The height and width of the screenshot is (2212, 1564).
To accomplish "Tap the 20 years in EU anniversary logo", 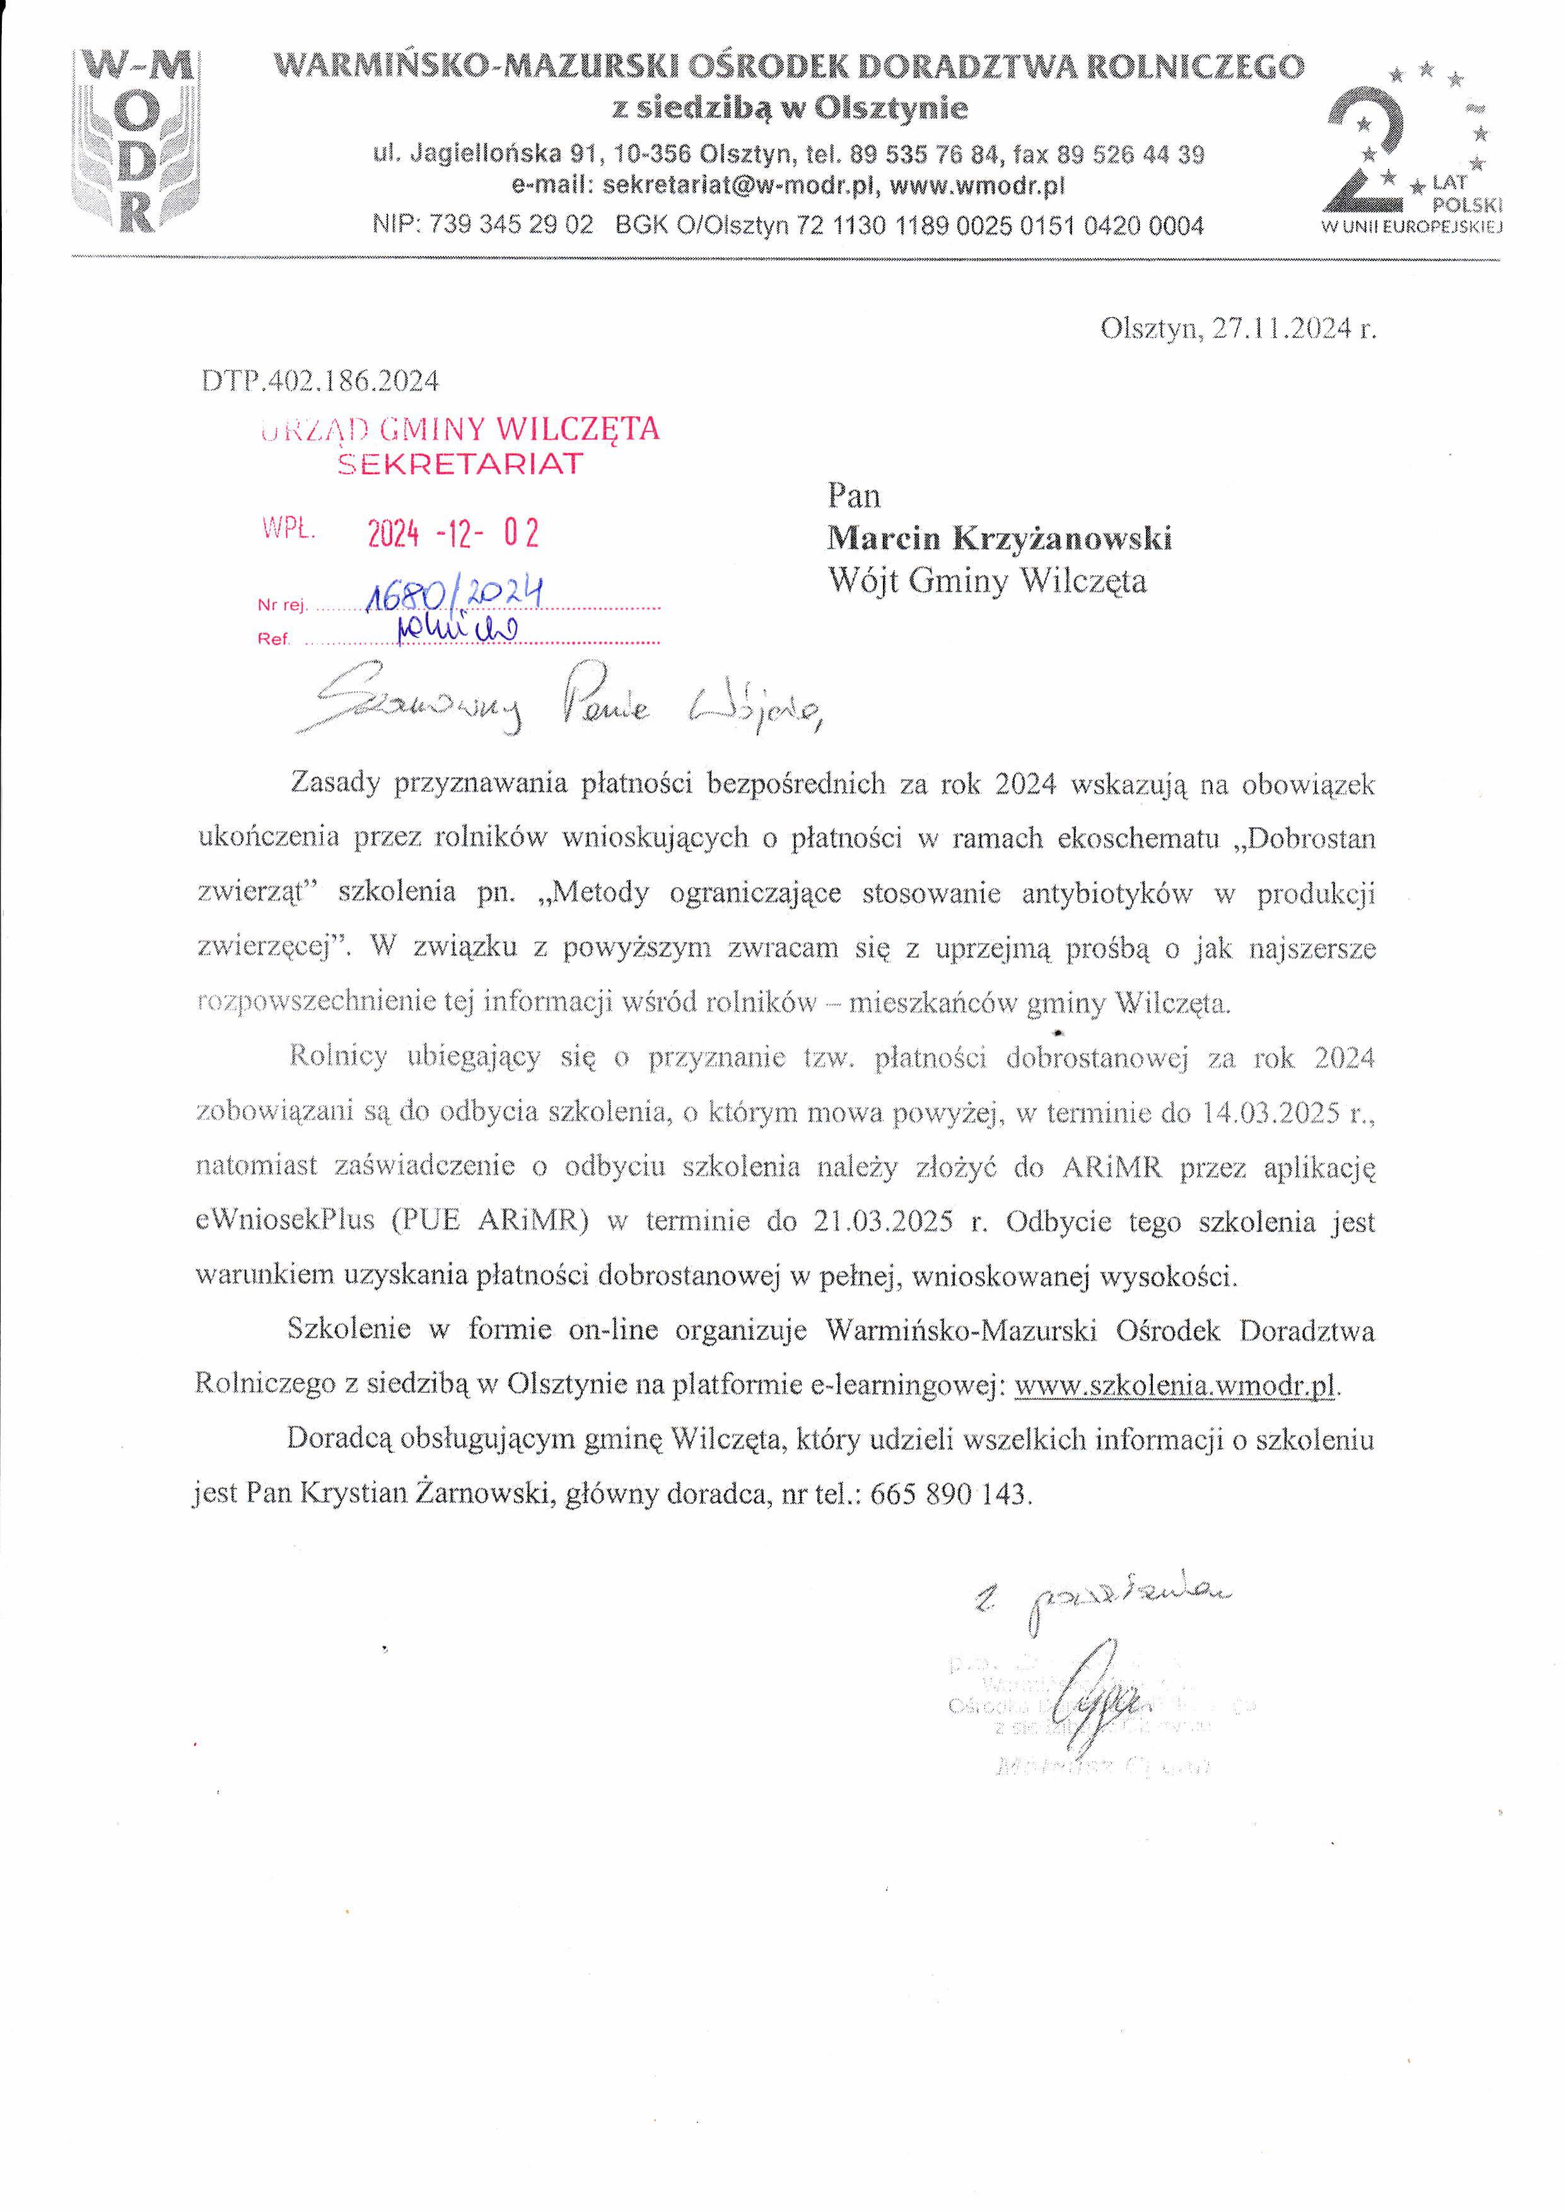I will (1413, 150).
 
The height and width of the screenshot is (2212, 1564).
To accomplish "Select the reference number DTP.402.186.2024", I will (320, 381).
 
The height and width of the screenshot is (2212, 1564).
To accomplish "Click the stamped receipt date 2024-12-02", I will (453, 533).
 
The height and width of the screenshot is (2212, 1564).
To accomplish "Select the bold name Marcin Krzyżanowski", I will (1000, 538).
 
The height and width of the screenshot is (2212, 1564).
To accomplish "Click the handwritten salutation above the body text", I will (559, 708).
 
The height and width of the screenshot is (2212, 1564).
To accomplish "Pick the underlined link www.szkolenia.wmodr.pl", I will (1176, 1385).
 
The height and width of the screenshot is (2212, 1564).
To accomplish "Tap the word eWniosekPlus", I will (284, 1221).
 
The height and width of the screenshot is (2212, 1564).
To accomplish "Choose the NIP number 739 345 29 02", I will (511, 226).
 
